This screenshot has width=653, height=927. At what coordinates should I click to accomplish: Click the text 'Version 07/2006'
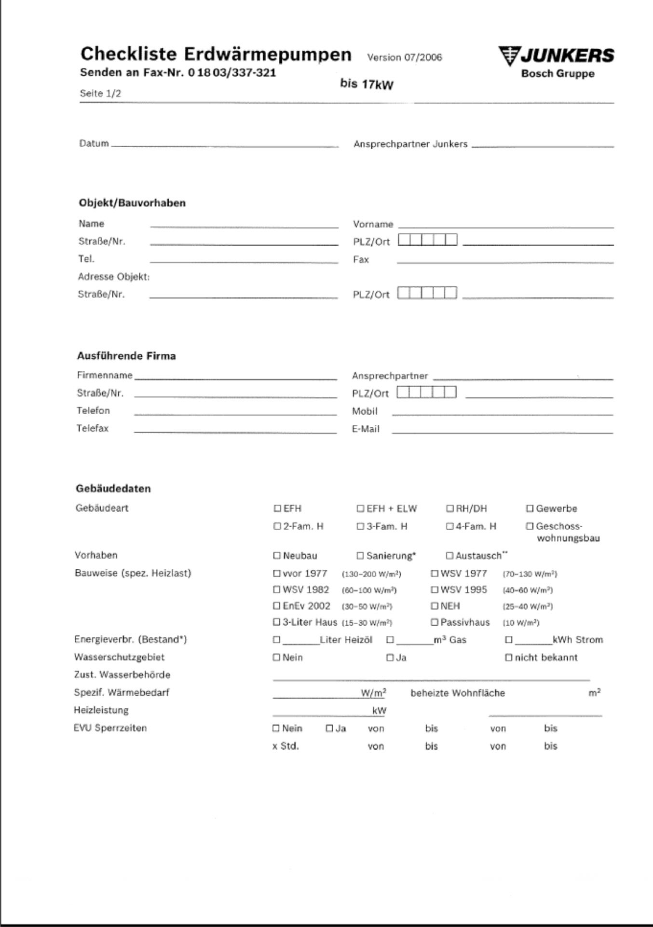404,57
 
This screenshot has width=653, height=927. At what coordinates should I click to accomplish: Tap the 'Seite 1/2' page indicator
100,94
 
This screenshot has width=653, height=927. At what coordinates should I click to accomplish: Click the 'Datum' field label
94,143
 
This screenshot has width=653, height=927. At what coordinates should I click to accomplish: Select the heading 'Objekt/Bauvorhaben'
132,203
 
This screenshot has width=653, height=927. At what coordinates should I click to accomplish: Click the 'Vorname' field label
373,224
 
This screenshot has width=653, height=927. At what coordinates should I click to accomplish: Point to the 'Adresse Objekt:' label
114,277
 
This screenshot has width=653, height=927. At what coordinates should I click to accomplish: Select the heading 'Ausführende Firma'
126,356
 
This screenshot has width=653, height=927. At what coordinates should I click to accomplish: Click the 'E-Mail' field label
366,429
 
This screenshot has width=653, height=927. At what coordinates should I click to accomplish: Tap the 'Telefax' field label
92,428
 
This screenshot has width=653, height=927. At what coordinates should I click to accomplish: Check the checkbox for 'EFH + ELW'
360,508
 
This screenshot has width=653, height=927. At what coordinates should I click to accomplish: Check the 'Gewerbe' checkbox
530,508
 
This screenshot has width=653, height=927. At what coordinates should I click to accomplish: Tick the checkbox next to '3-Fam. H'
360,526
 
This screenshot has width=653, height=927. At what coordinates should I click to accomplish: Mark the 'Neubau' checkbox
277,556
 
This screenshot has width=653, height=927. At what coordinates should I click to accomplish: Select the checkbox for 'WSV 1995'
434,590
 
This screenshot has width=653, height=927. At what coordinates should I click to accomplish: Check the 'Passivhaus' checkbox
434,622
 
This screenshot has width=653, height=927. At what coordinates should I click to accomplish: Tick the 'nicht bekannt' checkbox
508,658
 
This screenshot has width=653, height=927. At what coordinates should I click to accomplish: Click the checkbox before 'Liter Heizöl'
276,640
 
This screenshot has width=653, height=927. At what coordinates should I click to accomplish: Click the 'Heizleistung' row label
101,710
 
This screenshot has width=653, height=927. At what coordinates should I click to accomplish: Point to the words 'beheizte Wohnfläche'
458,693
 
